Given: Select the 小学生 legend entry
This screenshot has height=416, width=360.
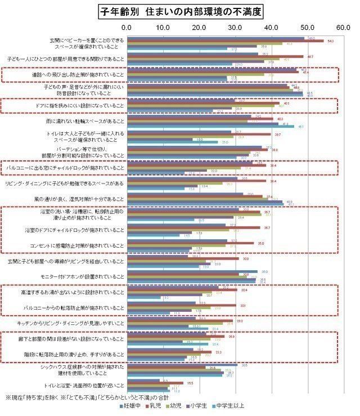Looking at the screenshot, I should pos(205,405).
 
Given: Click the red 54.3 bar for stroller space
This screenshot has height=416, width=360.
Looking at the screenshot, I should pos(225,41).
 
